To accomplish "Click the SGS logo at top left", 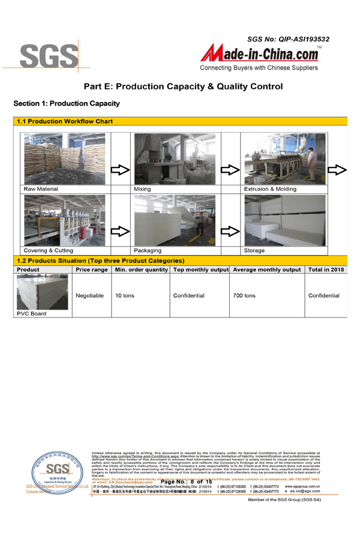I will pyautogui.click(x=49, y=56).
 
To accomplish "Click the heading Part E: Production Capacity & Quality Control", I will pyautogui.click(x=183, y=86).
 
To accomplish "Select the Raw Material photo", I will pyautogui.click(x=64, y=158).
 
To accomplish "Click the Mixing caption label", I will pyautogui.click(x=143, y=189).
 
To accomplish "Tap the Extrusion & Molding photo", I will pyautogui.click(x=285, y=158).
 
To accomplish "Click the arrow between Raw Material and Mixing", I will pyautogui.click(x=120, y=170).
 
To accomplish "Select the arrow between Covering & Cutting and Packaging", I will pyautogui.click(x=120, y=231).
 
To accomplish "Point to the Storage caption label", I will pyautogui.click(x=254, y=250).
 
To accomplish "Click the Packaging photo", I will pyautogui.click(x=175, y=220).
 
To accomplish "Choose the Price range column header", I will pyautogui.click(x=92, y=270).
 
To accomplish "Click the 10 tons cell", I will pyautogui.click(x=125, y=296).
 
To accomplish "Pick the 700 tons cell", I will pyautogui.click(x=244, y=296).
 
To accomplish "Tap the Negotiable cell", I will pyautogui.click(x=90, y=296).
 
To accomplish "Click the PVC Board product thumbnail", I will pyautogui.click(x=43, y=292).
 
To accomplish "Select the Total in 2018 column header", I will pyautogui.click(x=326, y=270).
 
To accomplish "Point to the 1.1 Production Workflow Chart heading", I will pyautogui.click(x=65, y=121).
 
